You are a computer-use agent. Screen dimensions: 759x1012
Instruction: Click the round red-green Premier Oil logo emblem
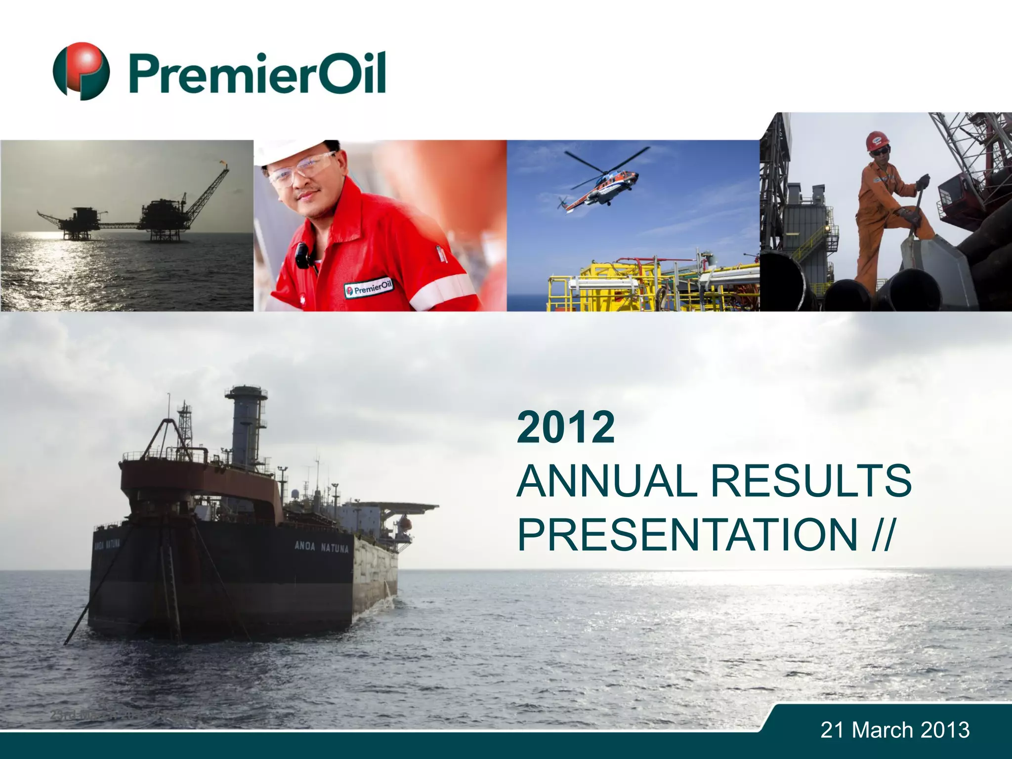[81, 71]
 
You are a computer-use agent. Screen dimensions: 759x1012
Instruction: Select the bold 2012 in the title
[566, 427]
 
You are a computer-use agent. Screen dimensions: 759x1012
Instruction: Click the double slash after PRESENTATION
[883, 535]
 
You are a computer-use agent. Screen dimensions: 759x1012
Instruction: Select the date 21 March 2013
[895, 730]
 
